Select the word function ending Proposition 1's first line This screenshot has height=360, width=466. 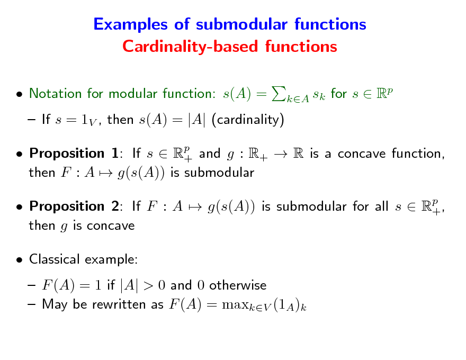[x=416, y=154]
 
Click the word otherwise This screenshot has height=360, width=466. [x=238, y=286]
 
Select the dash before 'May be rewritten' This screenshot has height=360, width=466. [x=32, y=305]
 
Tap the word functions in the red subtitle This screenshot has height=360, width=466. [x=301, y=47]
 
